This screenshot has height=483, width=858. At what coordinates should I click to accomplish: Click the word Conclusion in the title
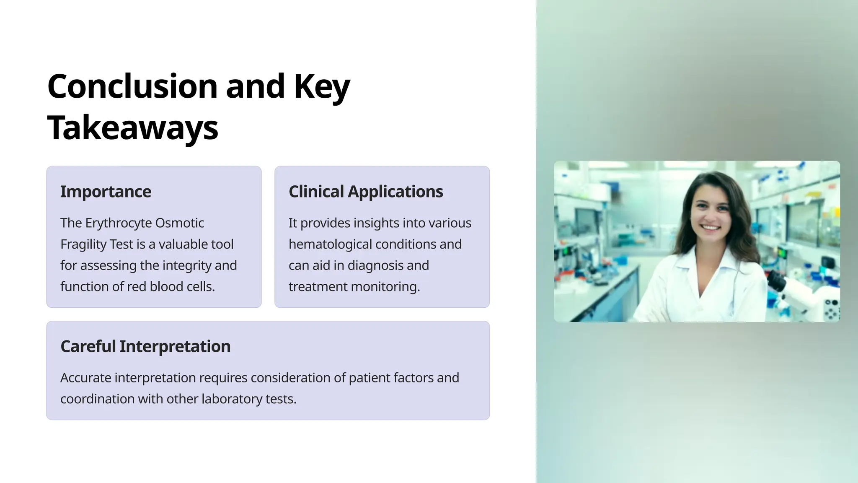(x=132, y=86)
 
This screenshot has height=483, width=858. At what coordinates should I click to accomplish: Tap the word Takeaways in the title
(x=132, y=127)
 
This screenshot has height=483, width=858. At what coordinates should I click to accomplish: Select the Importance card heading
(x=106, y=192)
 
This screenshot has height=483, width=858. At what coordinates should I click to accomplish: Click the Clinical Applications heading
(x=365, y=192)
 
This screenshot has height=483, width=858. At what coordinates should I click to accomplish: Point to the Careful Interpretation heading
(x=145, y=346)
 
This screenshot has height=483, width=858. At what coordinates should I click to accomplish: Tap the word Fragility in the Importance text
(x=78, y=244)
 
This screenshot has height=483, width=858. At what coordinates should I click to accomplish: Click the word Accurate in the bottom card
(x=85, y=378)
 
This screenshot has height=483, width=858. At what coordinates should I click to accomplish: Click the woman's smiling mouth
(x=711, y=228)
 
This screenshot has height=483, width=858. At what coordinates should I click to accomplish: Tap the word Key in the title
(x=321, y=86)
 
